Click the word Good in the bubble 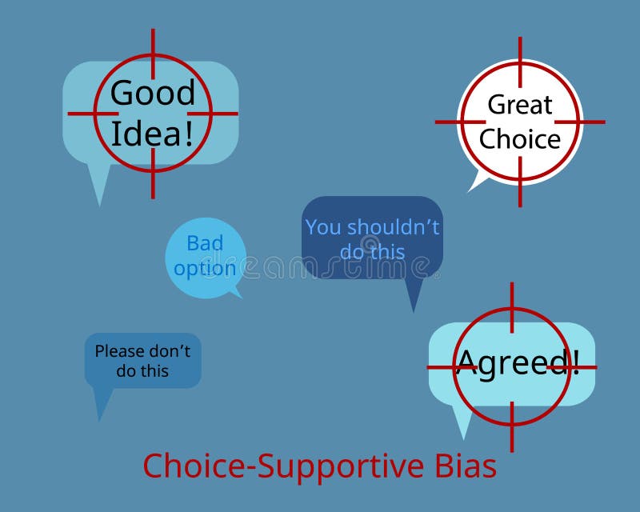click(x=152, y=93)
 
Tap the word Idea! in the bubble click(x=152, y=133)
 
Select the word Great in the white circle click(x=520, y=104)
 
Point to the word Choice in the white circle click(x=520, y=139)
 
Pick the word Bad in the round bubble click(x=205, y=243)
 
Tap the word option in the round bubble click(x=205, y=268)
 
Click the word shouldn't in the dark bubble click(x=393, y=227)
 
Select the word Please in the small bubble click(x=120, y=350)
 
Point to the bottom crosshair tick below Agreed click(x=512, y=414)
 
